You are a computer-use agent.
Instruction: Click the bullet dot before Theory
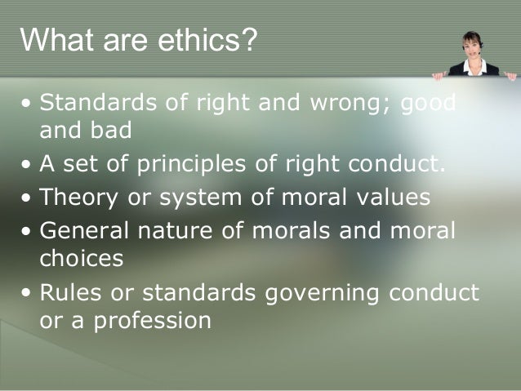pos(29,198)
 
